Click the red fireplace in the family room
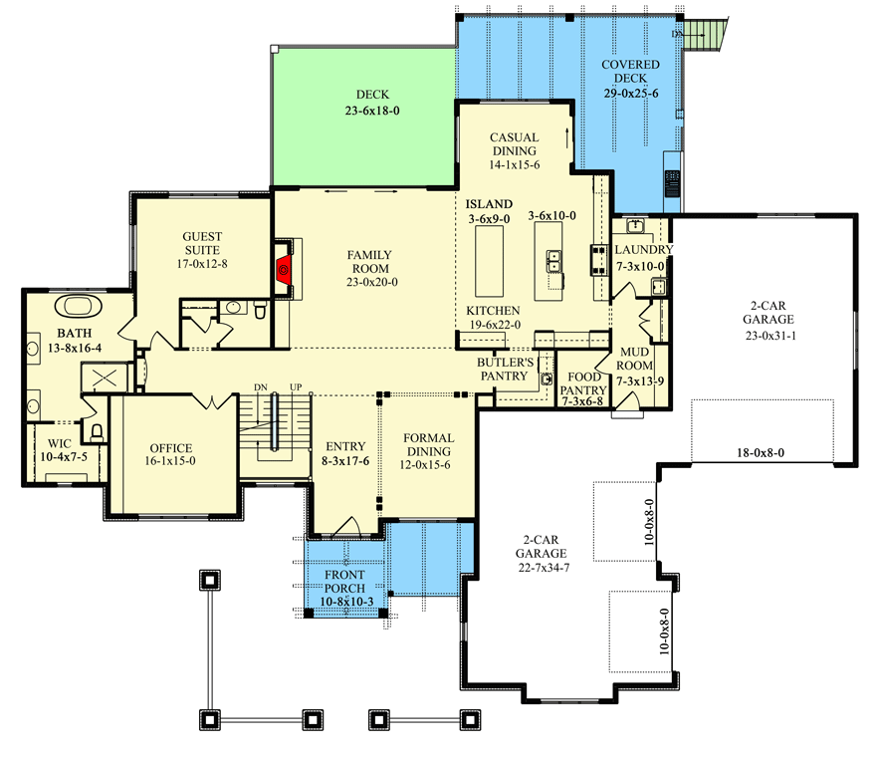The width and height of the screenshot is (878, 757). [283, 268]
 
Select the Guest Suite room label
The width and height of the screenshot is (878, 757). [202, 244]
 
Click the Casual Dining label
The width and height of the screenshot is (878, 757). [514, 144]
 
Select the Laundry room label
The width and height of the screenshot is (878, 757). [643, 250]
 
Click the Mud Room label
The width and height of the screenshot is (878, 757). [635, 360]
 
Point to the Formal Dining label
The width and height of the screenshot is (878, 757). [428, 444]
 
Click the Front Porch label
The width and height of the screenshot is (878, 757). [342, 582]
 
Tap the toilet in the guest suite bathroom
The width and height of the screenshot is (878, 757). [261, 312]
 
